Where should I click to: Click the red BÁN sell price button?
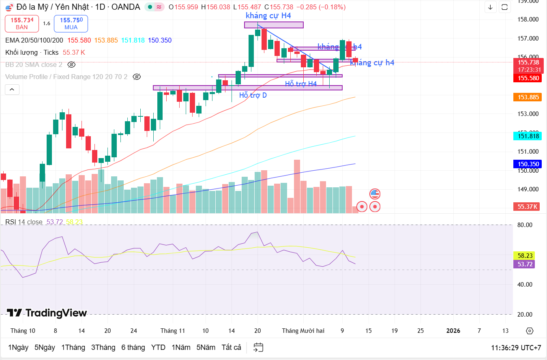(x=22, y=23)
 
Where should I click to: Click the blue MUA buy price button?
(x=71, y=23)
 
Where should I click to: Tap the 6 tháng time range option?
(x=133, y=347)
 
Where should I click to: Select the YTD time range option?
(x=158, y=347)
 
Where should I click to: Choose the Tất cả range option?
(x=231, y=347)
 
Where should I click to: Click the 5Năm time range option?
(x=206, y=347)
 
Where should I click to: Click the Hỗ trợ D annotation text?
(x=253, y=95)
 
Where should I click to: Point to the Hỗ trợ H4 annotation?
(x=300, y=84)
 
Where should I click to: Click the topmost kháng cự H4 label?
(x=268, y=16)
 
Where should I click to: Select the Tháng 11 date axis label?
(x=173, y=330)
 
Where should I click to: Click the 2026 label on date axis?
(x=453, y=330)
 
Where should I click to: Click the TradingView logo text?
(x=47, y=313)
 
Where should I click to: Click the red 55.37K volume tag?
(x=527, y=207)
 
